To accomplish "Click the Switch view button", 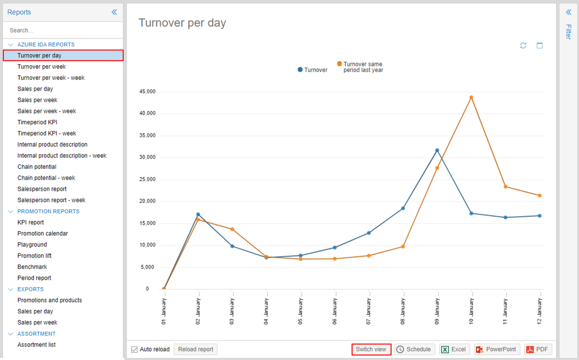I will [x=371, y=349].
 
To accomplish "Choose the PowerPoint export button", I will [x=497, y=349].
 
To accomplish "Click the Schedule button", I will [x=415, y=349].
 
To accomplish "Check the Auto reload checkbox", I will [x=134, y=349].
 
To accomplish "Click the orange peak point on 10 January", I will [x=471, y=97].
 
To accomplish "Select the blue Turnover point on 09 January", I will [x=437, y=150].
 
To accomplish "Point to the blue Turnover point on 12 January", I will [x=539, y=216].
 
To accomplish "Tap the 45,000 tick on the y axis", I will [x=147, y=91].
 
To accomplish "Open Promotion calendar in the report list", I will [x=42, y=233].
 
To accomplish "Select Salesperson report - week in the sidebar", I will [x=51, y=200].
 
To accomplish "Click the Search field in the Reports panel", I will [x=63, y=30].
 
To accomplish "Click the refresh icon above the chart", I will [x=523, y=45].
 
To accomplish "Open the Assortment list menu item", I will [x=37, y=345].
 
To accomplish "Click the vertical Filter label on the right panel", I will [x=568, y=32].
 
